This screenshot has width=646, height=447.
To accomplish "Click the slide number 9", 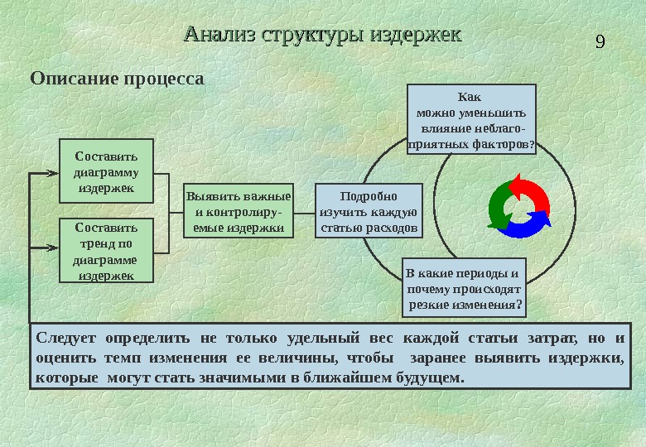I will click(601, 41).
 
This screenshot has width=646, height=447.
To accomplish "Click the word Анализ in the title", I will click(219, 36).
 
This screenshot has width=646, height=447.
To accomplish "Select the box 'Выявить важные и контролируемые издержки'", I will click(238, 211).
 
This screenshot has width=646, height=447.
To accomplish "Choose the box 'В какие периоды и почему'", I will click(465, 288).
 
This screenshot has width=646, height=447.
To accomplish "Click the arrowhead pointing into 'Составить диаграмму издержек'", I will click(55, 174).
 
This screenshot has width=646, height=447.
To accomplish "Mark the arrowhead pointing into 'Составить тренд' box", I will click(55, 248).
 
